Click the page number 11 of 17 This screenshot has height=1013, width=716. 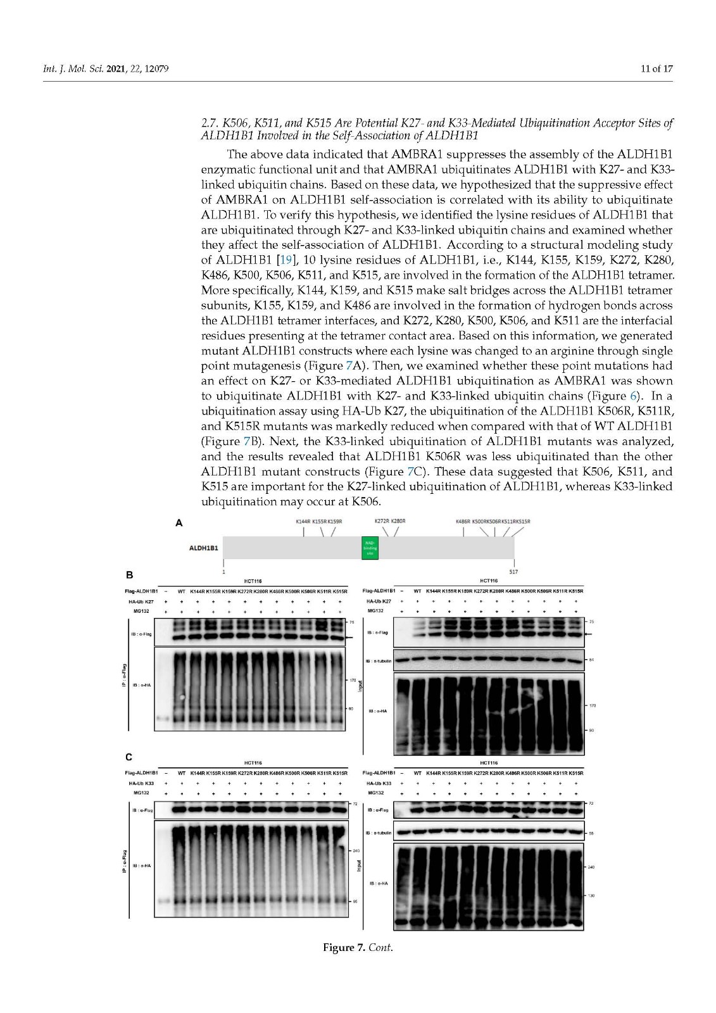pyautogui.click(x=657, y=68)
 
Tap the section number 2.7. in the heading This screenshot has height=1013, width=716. pyautogui.click(x=210, y=123)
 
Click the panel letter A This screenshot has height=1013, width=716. pyautogui.click(x=179, y=523)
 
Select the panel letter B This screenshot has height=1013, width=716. pyautogui.click(x=129, y=575)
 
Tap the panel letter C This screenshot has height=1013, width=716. pyautogui.click(x=129, y=757)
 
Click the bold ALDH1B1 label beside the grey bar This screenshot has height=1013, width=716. pyautogui.click(x=204, y=548)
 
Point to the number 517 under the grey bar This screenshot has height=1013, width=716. pyautogui.click(x=513, y=572)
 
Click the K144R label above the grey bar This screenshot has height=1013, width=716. pyautogui.click(x=303, y=522)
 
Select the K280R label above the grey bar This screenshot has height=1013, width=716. pyautogui.click(x=398, y=521)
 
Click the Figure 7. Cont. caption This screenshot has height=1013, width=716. pyautogui.click(x=358, y=948)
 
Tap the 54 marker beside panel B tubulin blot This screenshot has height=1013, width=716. pyautogui.click(x=591, y=660)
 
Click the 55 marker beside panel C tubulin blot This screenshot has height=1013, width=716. pyautogui.click(x=591, y=833)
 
